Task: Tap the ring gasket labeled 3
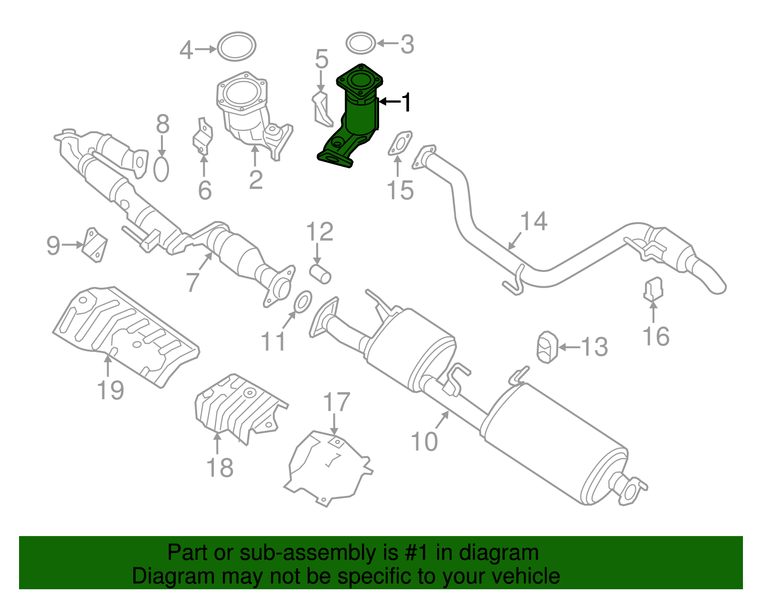[361, 44]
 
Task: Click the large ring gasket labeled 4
[237, 47]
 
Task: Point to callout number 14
[533, 222]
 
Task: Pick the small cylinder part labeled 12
[321, 274]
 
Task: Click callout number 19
[110, 390]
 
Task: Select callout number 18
[220, 467]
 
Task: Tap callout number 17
[336, 402]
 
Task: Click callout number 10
[424, 441]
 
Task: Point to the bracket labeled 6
[203, 138]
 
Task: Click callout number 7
[192, 282]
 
